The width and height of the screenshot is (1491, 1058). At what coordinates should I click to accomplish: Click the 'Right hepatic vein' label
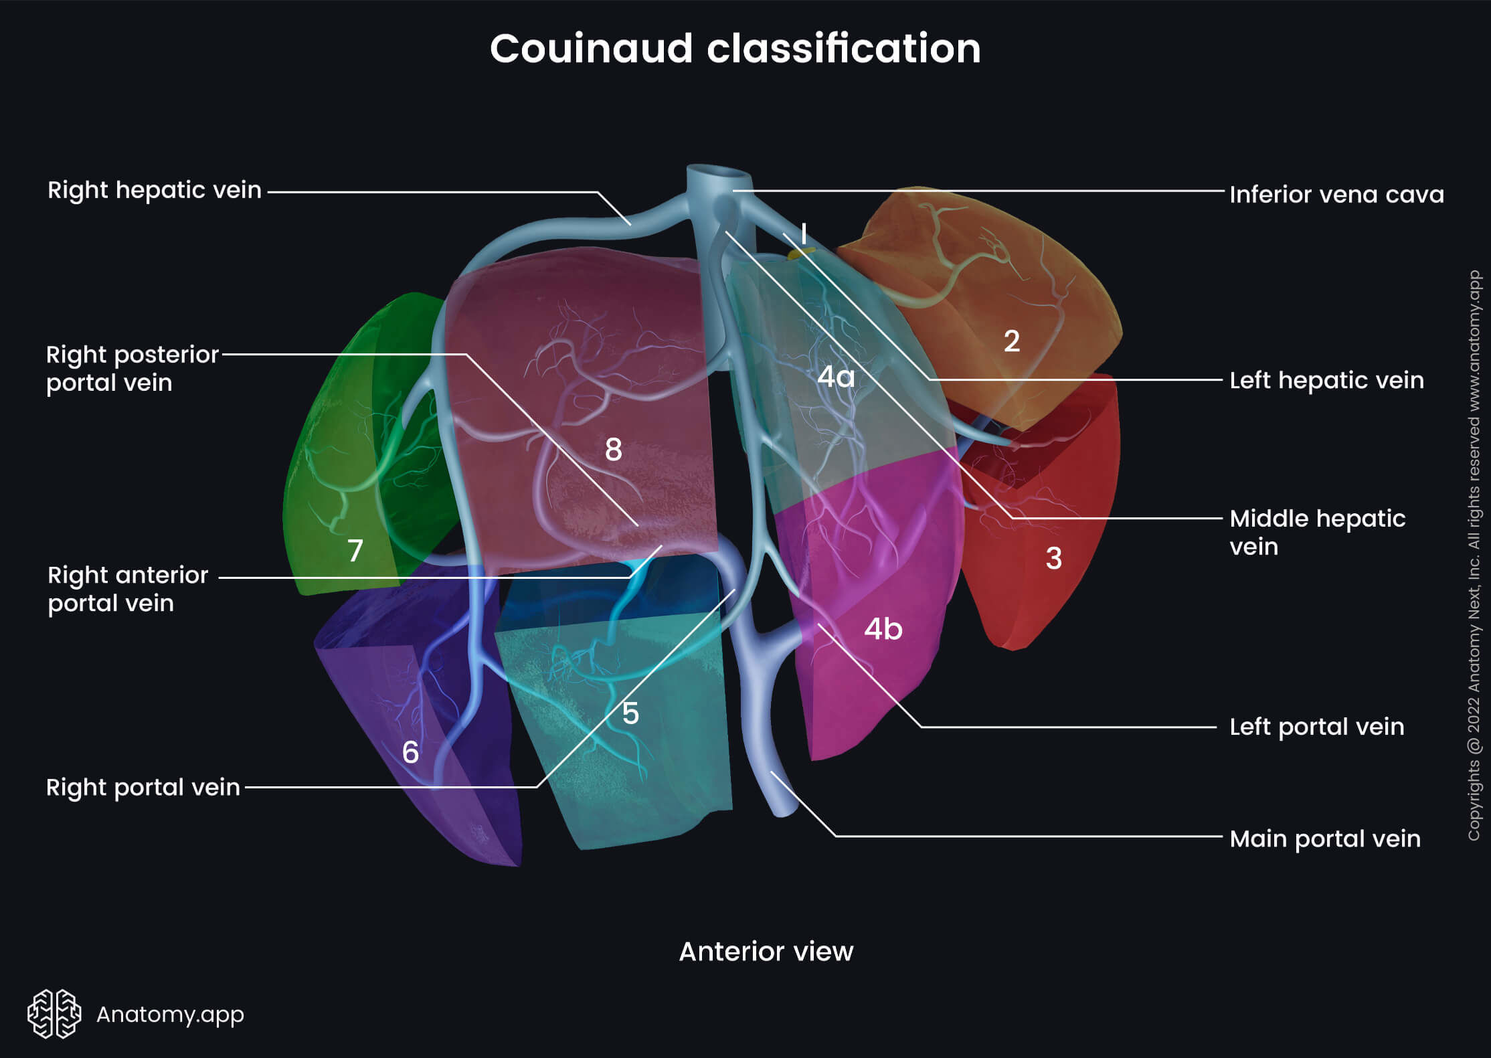click(x=154, y=191)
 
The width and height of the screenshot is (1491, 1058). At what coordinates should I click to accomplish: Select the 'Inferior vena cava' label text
click(x=1336, y=195)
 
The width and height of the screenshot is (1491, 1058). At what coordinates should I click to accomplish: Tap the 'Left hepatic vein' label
click(x=1326, y=381)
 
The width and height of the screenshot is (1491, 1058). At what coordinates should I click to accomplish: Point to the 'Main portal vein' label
click(x=1324, y=839)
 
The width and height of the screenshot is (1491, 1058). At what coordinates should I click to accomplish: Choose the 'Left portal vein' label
click(x=1316, y=727)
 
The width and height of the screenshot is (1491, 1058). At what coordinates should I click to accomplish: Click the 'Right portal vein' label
click(x=143, y=788)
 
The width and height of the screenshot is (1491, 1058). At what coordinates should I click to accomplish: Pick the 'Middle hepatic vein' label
click(x=1317, y=533)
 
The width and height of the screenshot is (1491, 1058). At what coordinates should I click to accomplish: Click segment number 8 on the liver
click(x=613, y=450)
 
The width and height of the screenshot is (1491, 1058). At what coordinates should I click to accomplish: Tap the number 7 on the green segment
click(x=355, y=551)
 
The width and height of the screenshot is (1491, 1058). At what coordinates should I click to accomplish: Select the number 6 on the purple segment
click(x=410, y=753)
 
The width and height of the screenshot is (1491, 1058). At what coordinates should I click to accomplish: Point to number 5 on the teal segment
click(x=630, y=713)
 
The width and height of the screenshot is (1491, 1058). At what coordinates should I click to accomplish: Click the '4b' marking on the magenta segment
click(x=883, y=629)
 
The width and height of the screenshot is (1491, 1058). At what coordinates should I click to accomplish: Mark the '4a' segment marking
click(x=836, y=377)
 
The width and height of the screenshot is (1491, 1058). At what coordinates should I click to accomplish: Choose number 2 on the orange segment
click(x=1012, y=341)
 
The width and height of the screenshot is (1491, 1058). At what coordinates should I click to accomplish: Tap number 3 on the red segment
click(x=1053, y=558)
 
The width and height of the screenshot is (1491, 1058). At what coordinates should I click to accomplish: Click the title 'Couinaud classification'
click(x=735, y=49)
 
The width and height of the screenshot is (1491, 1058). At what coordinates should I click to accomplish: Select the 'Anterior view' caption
click(x=766, y=952)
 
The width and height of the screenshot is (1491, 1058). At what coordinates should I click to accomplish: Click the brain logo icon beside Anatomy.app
click(x=54, y=1014)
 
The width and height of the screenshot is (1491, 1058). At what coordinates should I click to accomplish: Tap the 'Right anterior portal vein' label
click(x=127, y=590)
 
